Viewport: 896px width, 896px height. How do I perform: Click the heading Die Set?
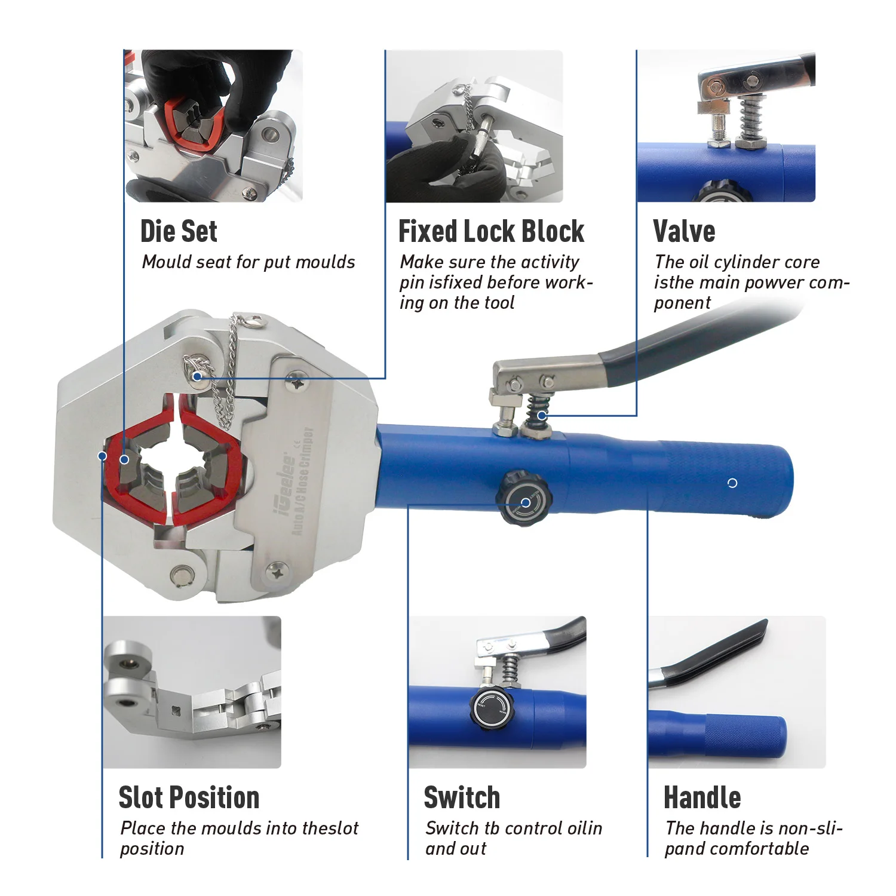pos(179,231)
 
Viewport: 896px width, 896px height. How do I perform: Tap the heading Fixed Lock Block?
pos(491,231)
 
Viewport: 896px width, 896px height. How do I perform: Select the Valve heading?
pos(684,231)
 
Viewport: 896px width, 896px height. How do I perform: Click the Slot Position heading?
pos(189,797)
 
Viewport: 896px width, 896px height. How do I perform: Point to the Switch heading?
pos(462,797)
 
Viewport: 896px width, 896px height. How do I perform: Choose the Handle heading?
pos(702,797)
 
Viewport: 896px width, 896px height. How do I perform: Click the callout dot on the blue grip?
pos(732,483)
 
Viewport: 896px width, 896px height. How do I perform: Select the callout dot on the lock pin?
pos(198,376)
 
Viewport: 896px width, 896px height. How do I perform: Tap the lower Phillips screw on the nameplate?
pos(276,572)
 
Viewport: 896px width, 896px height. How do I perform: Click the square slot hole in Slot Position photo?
pos(175,711)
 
